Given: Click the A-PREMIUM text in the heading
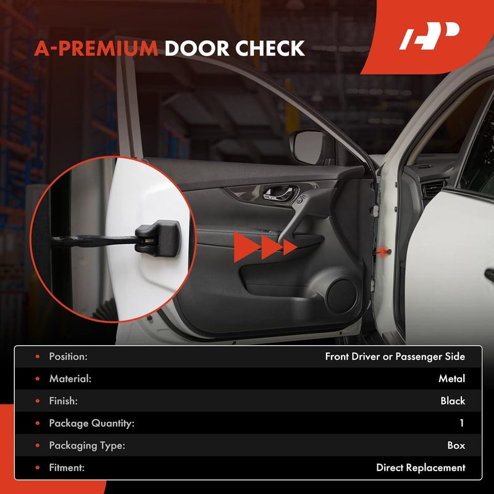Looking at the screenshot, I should tap(96, 48).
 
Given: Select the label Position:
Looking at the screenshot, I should tap(69, 356).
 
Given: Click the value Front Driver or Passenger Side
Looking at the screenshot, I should tap(395, 356).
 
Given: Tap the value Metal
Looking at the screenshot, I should tap(452, 379).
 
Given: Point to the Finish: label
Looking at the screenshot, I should tap(64, 401).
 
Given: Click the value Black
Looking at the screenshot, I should tap(453, 401).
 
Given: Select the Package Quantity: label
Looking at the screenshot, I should tap(91, 423).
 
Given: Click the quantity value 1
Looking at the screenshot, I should tap(461, 423).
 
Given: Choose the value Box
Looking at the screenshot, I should tap(456, 445).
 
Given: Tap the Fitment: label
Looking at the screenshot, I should tap(67, 467).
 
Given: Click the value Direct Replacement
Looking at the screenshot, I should tap(421, 467).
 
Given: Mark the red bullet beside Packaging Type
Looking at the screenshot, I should tap(38, 445).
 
